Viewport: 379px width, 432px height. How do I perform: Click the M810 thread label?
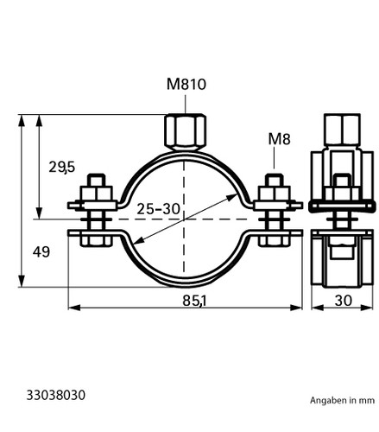pos(186,85)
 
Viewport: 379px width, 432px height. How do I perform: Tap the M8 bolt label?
pos(279,139)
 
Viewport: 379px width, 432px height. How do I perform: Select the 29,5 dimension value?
pos(62,167)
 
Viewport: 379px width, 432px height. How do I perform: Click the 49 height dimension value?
pos(41,252)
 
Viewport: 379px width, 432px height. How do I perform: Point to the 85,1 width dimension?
pos(195,301)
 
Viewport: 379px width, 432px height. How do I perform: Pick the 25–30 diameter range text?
pos(158,209)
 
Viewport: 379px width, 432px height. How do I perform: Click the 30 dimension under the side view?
pos(344,301)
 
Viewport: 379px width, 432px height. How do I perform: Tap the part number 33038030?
pos(56,395)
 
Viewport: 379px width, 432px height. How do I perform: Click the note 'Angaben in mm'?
pos(342,400)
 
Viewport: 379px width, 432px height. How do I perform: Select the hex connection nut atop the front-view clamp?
pos(186,132)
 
